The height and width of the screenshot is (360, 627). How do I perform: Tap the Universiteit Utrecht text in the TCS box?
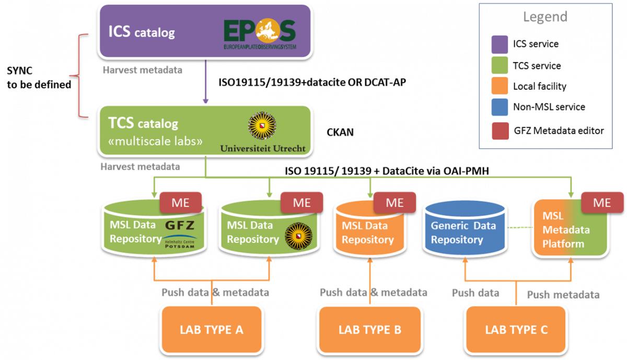tap(263, 148)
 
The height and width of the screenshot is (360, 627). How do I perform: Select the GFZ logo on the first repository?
tap(179, 226)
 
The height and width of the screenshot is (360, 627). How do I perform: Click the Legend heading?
tap(545, 17)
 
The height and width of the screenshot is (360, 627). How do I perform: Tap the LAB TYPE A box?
tap(212, 329)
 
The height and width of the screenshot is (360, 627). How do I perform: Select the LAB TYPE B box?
tap(370, 329)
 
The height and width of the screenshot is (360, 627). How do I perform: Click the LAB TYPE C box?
tap(516, 329)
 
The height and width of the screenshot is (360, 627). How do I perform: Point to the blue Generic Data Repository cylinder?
tap(464, 230)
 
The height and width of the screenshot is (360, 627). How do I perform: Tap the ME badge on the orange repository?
tap(395, 203)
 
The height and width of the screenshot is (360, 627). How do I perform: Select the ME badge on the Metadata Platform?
tap(602, 203)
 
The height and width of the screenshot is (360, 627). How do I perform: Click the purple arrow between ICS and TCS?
tap(205, 81)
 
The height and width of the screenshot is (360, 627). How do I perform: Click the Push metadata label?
tap(563, 295)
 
